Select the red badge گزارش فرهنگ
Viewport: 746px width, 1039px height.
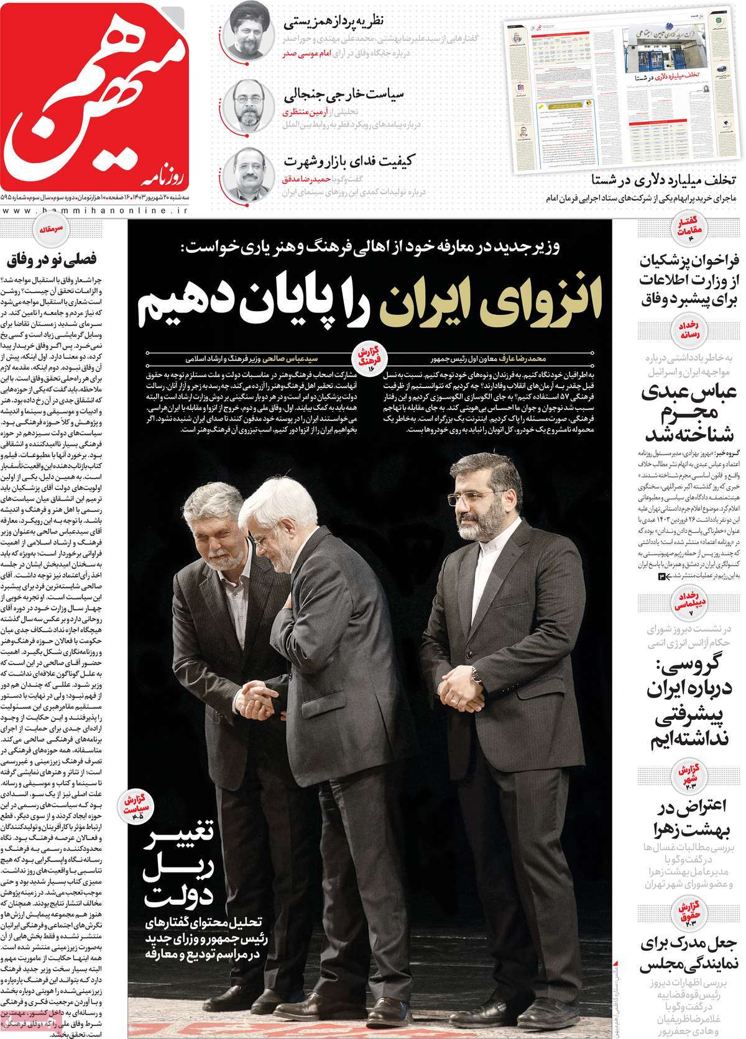click(368, 356)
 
